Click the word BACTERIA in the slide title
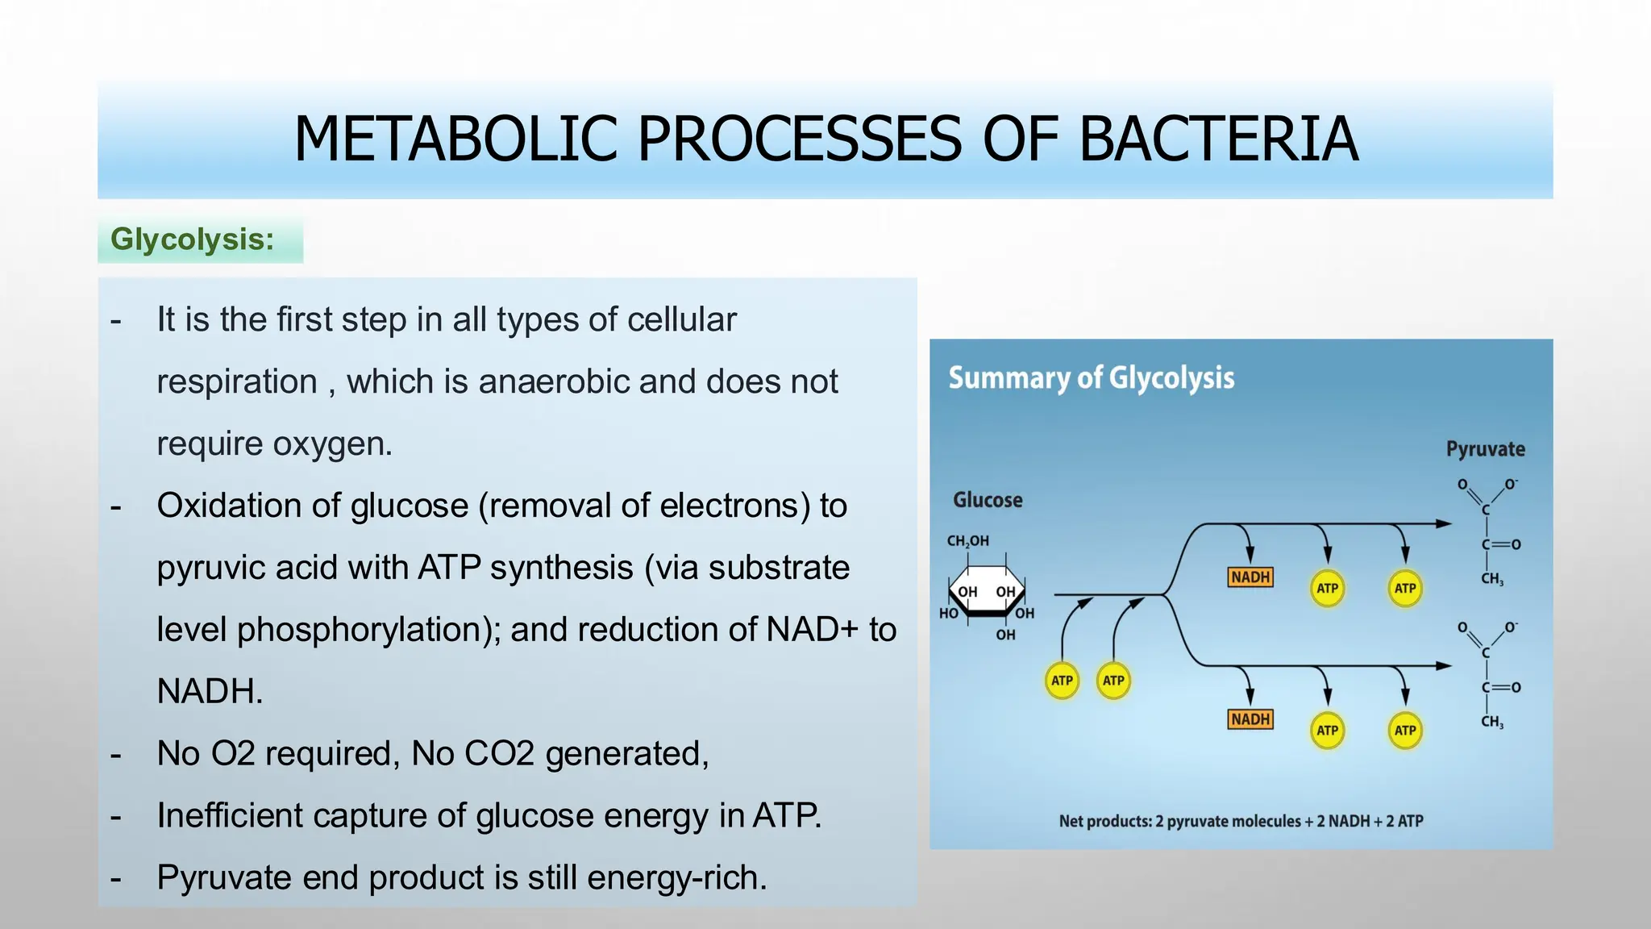pyautogui.click(x=1217, y=140)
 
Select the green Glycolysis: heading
pyautogui.click(x=193, y=240)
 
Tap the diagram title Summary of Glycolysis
pyautogui.click(x=1091, y=378)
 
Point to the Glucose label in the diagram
pyautogui.click(x=988, y=500)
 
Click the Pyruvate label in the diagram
pyautogui.click(x=1485, y=449)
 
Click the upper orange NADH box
pyautogui.click(x=1250, y=577)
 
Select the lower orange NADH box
pyautogui.click(x=1250, y=719)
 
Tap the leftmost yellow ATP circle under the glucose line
pyautogui.click(x=1062, y=681)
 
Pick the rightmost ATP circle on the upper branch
pyautogui.click(x=1405, y=589)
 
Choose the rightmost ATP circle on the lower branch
pyautogui.click(x=1405, y=731)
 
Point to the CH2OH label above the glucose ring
pyautogui.click(x=967, y=541)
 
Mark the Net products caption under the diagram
pyautogui.click(x=1241, y=821)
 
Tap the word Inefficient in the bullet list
pyautogui.click(x=230, y=815)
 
